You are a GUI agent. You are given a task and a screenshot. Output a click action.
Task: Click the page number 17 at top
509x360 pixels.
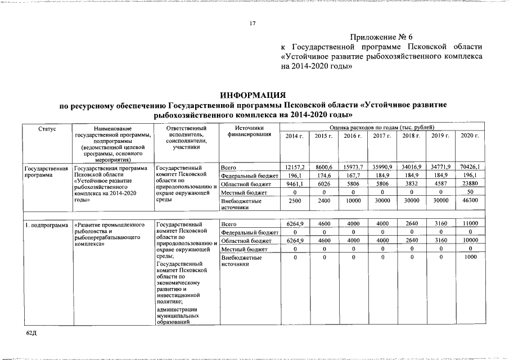tap(253, 23)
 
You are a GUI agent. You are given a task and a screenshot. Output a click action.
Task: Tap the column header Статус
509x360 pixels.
tap(47, 129)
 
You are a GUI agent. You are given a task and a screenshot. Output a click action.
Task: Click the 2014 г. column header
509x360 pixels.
tap(294, 137)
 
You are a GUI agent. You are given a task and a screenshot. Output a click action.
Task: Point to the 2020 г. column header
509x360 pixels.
tap(470, 137)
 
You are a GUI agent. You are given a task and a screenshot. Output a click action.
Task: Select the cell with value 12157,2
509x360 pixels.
tap(294, 168)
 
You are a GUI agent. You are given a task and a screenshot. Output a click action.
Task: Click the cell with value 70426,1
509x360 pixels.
tap(470, 168)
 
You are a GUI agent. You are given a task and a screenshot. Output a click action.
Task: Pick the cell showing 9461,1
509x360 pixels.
tap(294, 184)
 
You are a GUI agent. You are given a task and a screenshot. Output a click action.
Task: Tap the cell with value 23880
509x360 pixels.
tap(470, 184)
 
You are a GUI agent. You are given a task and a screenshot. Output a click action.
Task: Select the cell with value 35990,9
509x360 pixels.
tap(382, 168)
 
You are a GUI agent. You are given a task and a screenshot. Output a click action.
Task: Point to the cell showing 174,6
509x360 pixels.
tap(323, 175)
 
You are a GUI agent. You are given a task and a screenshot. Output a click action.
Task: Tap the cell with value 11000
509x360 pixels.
tap(470, 224)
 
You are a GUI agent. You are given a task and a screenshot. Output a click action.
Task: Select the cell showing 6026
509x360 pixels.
tap(323, 184)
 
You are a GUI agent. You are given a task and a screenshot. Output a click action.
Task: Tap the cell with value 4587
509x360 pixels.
tap(440, 184)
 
